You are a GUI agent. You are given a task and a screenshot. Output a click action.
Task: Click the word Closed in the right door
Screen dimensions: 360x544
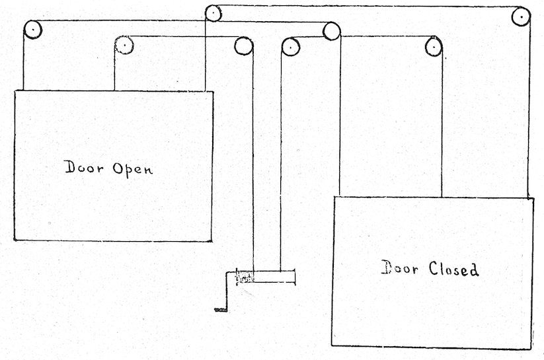454,269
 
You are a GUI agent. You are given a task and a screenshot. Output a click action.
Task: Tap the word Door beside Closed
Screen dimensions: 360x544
401,268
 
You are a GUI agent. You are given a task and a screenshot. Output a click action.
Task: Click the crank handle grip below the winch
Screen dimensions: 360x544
220,308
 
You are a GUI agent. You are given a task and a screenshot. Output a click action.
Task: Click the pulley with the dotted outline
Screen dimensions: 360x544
124,44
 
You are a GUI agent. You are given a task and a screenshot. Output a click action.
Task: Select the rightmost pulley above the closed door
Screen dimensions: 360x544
521,17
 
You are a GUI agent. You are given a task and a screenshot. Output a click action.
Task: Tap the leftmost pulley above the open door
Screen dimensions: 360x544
32,30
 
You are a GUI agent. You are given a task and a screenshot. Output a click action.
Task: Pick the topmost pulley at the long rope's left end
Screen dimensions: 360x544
213,12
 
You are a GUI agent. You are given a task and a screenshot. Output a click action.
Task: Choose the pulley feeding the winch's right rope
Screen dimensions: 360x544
290,46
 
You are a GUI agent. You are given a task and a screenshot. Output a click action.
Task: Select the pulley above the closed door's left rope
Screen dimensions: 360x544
331,30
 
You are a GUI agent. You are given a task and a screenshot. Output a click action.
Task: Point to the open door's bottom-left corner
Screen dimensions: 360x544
14,240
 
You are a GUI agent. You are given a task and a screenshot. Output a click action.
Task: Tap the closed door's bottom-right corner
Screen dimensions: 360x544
531,349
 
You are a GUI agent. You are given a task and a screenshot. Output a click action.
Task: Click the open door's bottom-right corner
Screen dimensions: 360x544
212,240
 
